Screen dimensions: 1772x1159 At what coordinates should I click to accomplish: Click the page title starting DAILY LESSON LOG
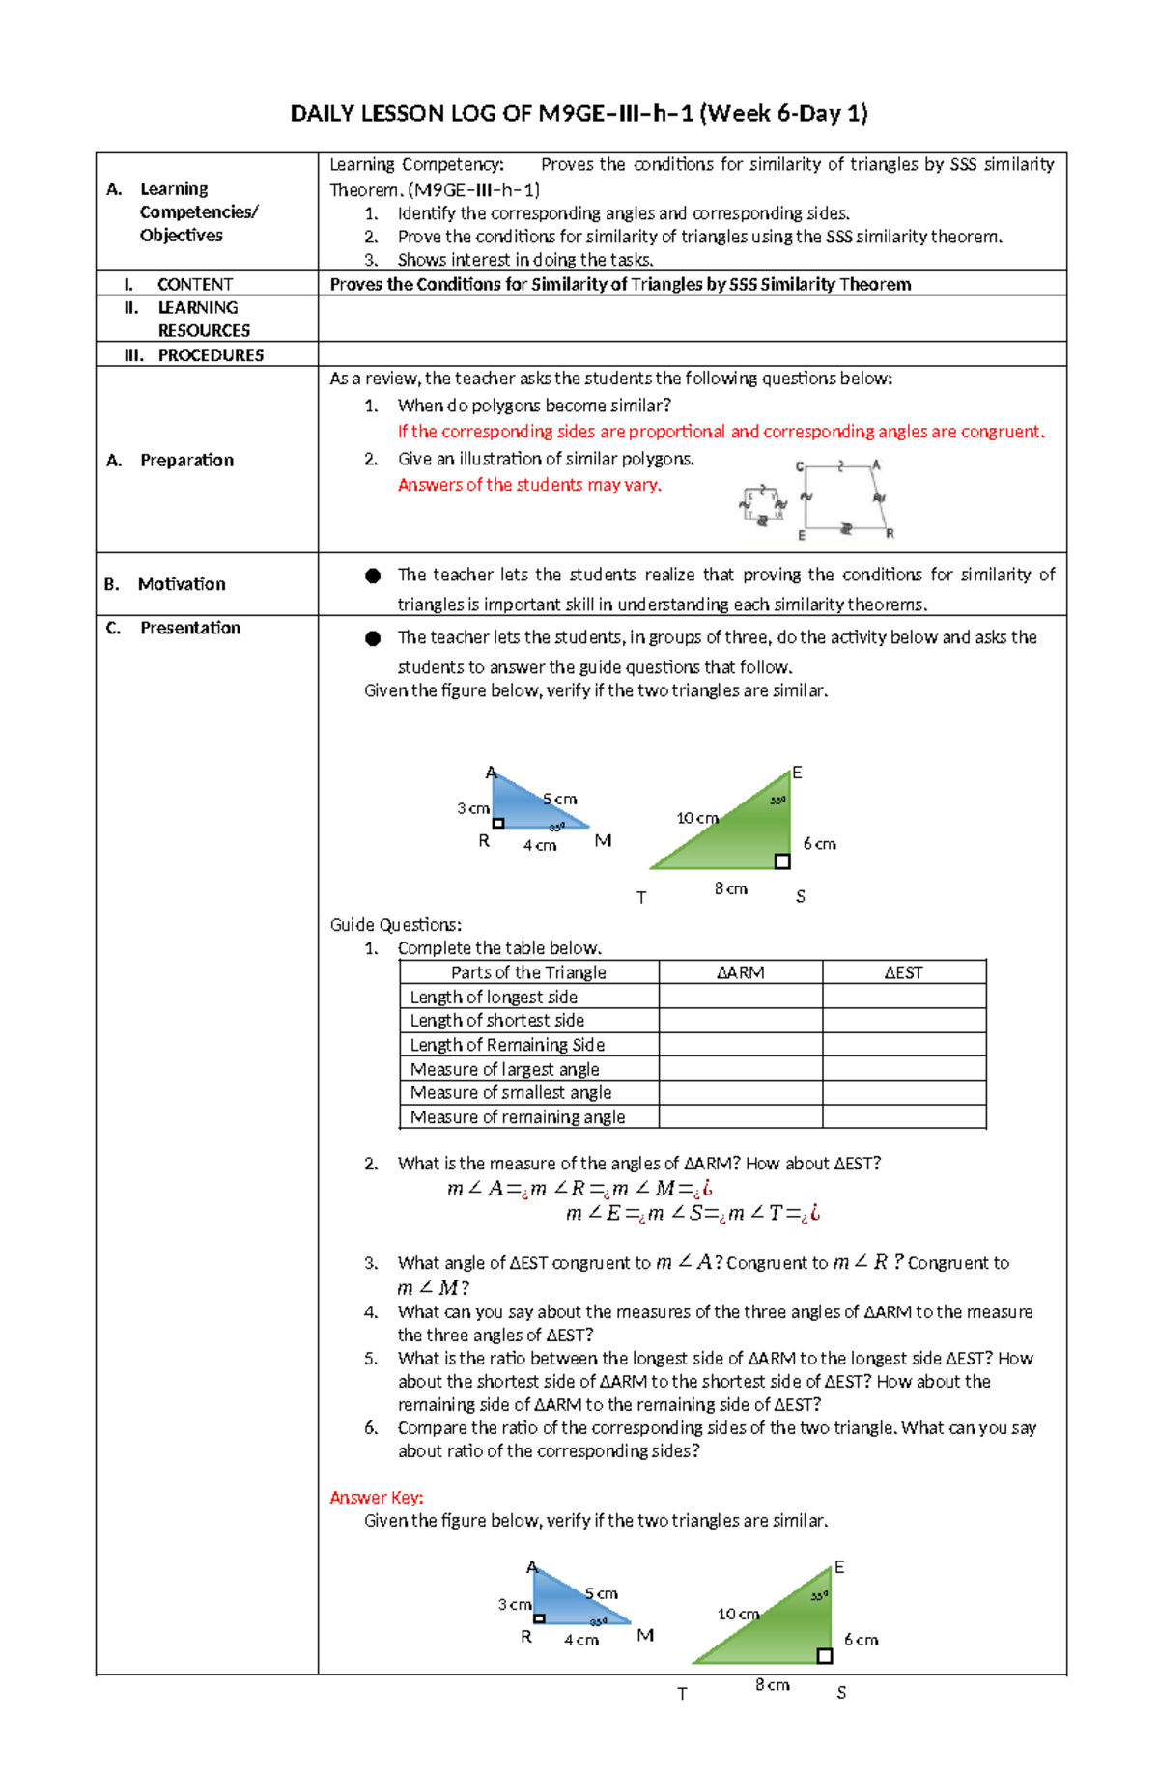[x=579, y=114]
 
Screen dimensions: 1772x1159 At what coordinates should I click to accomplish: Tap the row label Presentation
[x=189, y=628]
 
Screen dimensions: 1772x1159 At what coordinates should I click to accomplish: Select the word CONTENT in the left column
[x=194, y=284]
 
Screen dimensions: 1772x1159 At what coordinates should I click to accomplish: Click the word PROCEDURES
[x=211, y=355]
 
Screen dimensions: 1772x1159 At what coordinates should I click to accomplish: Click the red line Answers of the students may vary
[x=529, y=485]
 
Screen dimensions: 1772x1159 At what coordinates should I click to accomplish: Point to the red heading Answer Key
[x=376, y=1497]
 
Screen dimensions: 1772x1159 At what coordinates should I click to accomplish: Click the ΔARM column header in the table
[x=740, y=972]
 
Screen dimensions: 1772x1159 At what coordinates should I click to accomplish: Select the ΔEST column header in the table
[x=903, y=972]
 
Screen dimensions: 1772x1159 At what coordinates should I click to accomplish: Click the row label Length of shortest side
[x=496, y=1021]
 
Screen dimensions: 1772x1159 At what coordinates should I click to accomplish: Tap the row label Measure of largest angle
[x=504, y=1069]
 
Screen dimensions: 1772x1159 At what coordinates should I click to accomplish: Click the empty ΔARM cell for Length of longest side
[x=740, y=997]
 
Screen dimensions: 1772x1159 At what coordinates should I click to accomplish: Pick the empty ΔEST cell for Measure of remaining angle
[x=903, y=1117]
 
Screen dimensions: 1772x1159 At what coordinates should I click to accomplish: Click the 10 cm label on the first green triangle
[x=696, y=818]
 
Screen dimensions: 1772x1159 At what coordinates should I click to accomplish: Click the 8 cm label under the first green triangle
[x=730, y=888]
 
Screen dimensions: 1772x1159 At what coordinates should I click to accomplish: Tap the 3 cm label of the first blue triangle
[x=472, y=808]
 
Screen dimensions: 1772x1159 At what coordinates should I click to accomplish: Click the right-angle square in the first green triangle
[x=782, y=861]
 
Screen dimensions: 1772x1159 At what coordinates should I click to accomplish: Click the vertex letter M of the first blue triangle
[x=603, y=841]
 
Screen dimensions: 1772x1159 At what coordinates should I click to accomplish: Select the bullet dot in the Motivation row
[x=373, y=576]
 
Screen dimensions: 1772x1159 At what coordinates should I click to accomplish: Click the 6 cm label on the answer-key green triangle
[x=861, y=1640]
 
